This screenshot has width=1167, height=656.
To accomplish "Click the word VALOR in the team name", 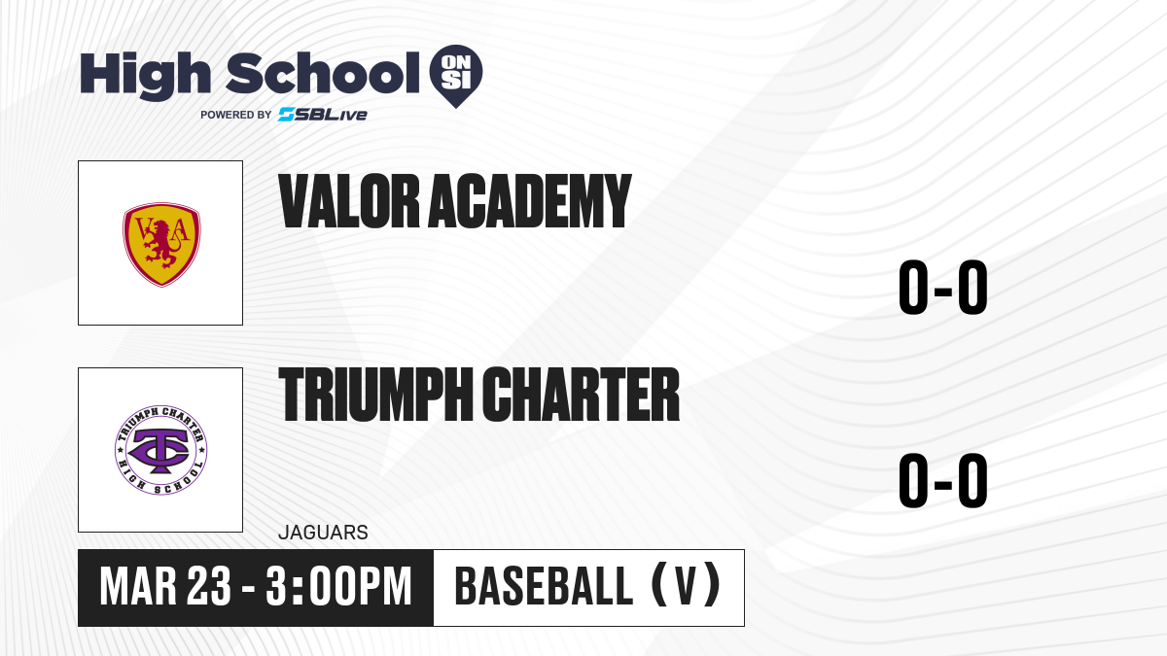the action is click(x=349, y=201).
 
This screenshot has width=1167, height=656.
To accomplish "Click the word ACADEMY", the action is click(x=530, y=201).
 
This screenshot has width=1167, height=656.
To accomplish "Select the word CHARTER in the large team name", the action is click(x=581, y=394).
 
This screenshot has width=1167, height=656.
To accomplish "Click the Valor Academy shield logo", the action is click(x=161, y=244).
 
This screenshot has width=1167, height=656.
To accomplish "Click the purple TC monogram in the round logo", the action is click(x=159, y=450).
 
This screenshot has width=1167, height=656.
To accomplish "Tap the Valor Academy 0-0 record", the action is click(x=943, y=287).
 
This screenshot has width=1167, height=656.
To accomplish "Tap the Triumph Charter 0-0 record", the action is click(x=943, y=479).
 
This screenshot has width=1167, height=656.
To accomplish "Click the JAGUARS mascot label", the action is click(x=323, y=533).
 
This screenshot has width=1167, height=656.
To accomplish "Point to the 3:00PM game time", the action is click(x=338, y=587).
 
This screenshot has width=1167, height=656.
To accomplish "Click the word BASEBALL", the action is click(x=544, y=587).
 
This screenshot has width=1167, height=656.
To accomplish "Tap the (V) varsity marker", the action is click(x=687, y=587).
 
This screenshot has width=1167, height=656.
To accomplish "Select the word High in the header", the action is click(x=146, y=75).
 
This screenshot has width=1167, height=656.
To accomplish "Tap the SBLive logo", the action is click(x=323, y=115).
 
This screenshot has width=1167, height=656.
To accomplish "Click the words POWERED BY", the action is click(x=236, y=115).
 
